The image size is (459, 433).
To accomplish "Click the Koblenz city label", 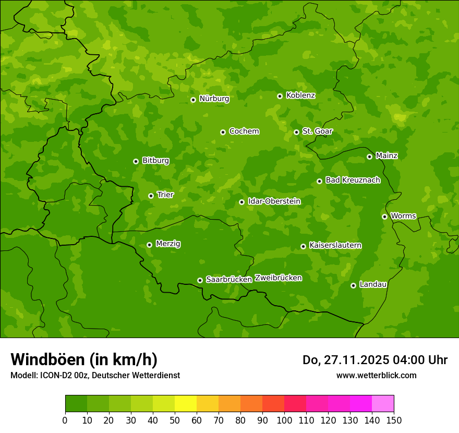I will tap(300, 95).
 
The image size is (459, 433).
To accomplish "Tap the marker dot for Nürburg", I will tap(193, 100).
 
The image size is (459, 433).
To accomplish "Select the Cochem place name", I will tap(244, 131).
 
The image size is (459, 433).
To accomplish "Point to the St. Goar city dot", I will tap(296, 132).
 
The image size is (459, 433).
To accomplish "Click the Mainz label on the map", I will tap(386, 155).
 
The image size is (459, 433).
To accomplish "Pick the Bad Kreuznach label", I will tap(353, 180).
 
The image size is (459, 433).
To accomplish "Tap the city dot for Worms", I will tap(384, 216).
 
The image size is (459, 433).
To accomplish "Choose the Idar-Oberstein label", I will tap(274, 201).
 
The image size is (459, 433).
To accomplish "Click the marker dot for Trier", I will tap(151, 196).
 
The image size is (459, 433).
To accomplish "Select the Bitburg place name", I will tap(155, 160).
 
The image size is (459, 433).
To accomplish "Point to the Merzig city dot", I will tap(149, 245).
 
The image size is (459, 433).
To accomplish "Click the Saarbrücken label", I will tap(228, 279).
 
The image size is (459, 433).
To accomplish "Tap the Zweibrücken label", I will tap(278, 278).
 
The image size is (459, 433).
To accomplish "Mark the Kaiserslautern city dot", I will tap(303, 246).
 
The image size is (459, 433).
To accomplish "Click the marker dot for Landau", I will tap(353, 285).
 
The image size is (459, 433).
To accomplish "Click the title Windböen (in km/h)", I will tap(84, 359).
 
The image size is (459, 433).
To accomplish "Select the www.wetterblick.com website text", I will tap(376, 375).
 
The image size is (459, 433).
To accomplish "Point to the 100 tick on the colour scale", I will tap(284, 420).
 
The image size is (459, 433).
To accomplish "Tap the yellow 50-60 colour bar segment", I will tap(186, 404).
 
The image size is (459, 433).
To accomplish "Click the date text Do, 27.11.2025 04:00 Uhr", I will tap(375, 360).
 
